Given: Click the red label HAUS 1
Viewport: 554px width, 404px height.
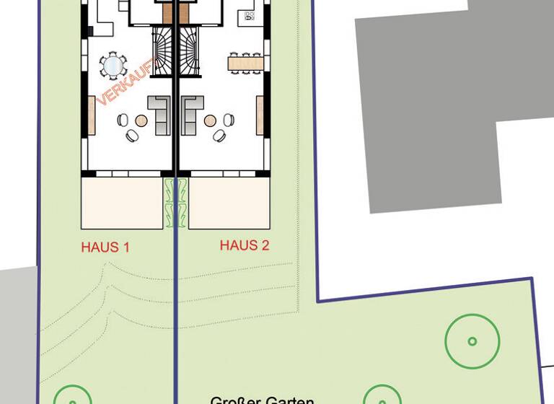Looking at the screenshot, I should pyautogui.click(x=105, y=247).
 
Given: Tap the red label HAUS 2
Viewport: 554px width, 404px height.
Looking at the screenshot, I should pyautogui.click(x=245, y=246).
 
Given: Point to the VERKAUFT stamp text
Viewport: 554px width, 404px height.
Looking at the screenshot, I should pyautogui.click(x=127, y=84).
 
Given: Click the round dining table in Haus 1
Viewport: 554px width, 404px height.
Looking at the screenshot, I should pyautogui.click(x=113, y=66).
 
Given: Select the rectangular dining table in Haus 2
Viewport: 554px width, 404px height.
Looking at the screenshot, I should pyautogui.click(x=245, y=63).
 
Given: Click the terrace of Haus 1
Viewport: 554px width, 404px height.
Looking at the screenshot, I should pyautogui.click(x=122, y=203).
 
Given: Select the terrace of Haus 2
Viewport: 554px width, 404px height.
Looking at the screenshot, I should pyautogui.click(x=229, y=203).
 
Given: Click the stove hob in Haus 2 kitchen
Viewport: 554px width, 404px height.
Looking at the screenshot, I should pyautogui.click(x=250, y=15).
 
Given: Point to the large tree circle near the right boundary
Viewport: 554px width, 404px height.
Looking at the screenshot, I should pyautogui.click(x=472, y=341).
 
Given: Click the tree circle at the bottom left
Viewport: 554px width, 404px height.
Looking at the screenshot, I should pyautogui.click(x=73, y=397).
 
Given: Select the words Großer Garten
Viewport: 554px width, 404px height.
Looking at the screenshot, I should pyautogui.click(x=262, y=400).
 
